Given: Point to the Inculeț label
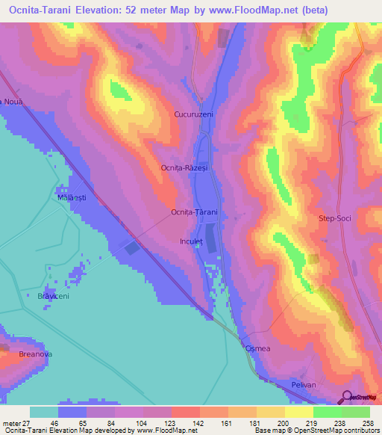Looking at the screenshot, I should pyautogui.click(x=192, y=241).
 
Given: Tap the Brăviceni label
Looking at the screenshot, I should pyautogui.click(x=53, y=296).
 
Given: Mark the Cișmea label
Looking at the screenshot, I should pyautogui.click(x=256, y=349).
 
